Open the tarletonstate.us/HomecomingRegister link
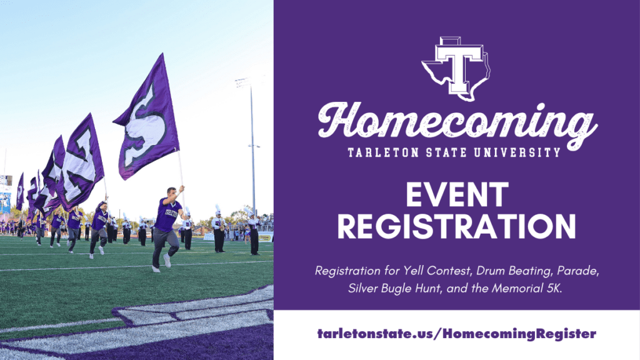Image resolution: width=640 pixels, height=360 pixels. pos(456,334)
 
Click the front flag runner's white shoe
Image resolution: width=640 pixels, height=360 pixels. pos(166,259)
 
